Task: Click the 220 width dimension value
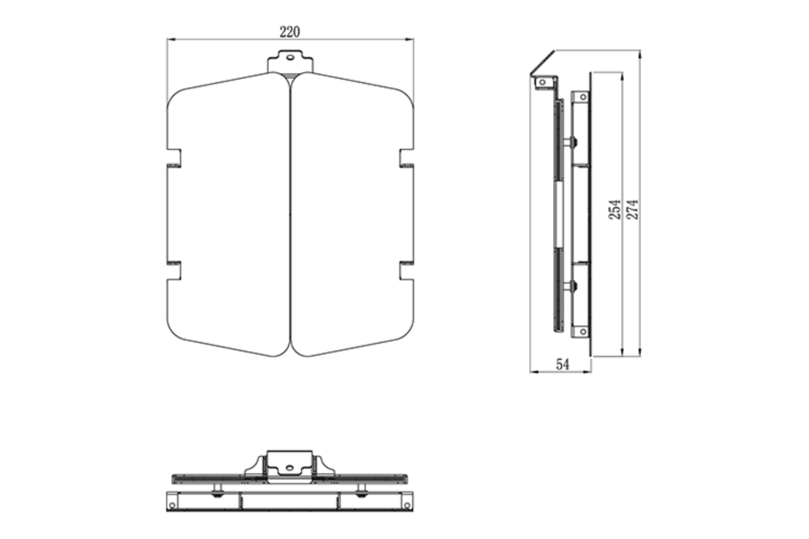[290, 32]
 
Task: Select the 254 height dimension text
[615, 209]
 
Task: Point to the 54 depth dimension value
[562, 365]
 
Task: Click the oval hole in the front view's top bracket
[290, 56]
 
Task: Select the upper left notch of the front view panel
[174, 158]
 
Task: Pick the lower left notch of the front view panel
[174, 271]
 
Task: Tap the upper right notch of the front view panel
[406, 158]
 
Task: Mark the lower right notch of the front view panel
[406, 271]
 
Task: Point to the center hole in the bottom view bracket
[290, 467]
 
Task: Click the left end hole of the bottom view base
[172, 505]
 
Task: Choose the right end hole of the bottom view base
[406, 505]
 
